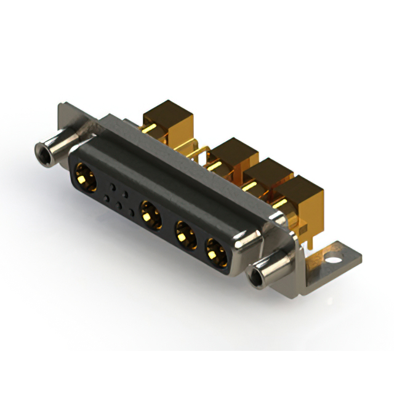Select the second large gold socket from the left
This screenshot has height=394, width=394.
pyautogui.click(x=150, y=214)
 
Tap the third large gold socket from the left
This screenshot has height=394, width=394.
pyautogui.click(x=184, y=234)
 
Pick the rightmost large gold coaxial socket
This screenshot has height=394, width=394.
pyautogui.click(x=215, y=251)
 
